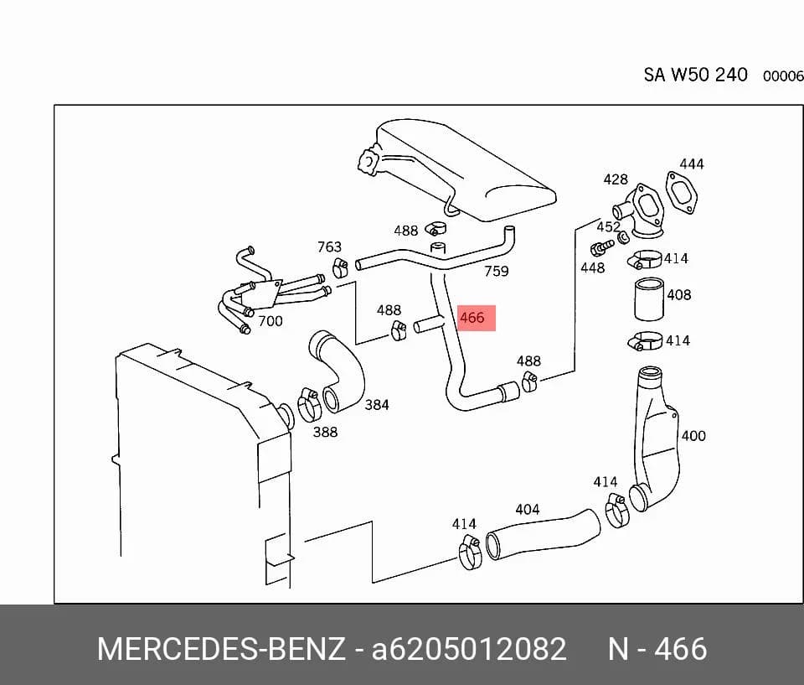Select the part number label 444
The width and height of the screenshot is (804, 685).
(x=692, y=164)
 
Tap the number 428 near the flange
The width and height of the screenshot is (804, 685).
(x=616, y=179)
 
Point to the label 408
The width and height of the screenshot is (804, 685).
(x=679, y=295)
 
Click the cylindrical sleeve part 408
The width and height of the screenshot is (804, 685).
(x=649, y=299)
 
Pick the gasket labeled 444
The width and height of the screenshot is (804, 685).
(x=682, y=193)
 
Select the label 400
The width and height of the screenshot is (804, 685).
(x=693, y=436)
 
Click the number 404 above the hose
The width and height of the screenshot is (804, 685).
(x=527, y=510)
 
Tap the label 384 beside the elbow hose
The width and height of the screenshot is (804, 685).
(x=376, y=405)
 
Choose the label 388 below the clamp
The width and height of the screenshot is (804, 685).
(x=325, y=432)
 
